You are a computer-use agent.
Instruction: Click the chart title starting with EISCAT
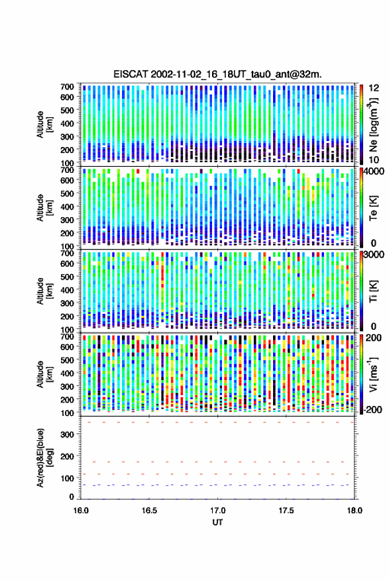pos(217,74)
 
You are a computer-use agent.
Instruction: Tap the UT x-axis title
pos(217,522)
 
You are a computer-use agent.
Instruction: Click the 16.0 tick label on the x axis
pos(81,510)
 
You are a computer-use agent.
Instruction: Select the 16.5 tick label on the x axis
pos(149,510)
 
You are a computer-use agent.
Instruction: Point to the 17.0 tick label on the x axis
pos(217,510)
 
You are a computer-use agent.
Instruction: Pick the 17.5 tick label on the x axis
pos(286,510)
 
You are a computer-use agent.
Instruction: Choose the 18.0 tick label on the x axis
pos(354,510)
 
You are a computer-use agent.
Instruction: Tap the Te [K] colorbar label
pos(373,208)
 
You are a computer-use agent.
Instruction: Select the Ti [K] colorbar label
pos(373,291)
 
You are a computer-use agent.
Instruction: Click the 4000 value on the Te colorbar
pos(374,171)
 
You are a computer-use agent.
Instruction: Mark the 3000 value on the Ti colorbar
pos(374,255)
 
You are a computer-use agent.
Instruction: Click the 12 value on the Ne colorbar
pos(374,88)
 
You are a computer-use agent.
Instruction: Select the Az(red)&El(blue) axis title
pos(44,458)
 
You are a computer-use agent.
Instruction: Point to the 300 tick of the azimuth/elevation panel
pos(67,434)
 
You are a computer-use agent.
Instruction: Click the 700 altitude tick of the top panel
pos(67,87)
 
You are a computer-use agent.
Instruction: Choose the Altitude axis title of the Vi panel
pos(44,374)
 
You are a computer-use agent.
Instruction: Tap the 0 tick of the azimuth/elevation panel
pos(72,497)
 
